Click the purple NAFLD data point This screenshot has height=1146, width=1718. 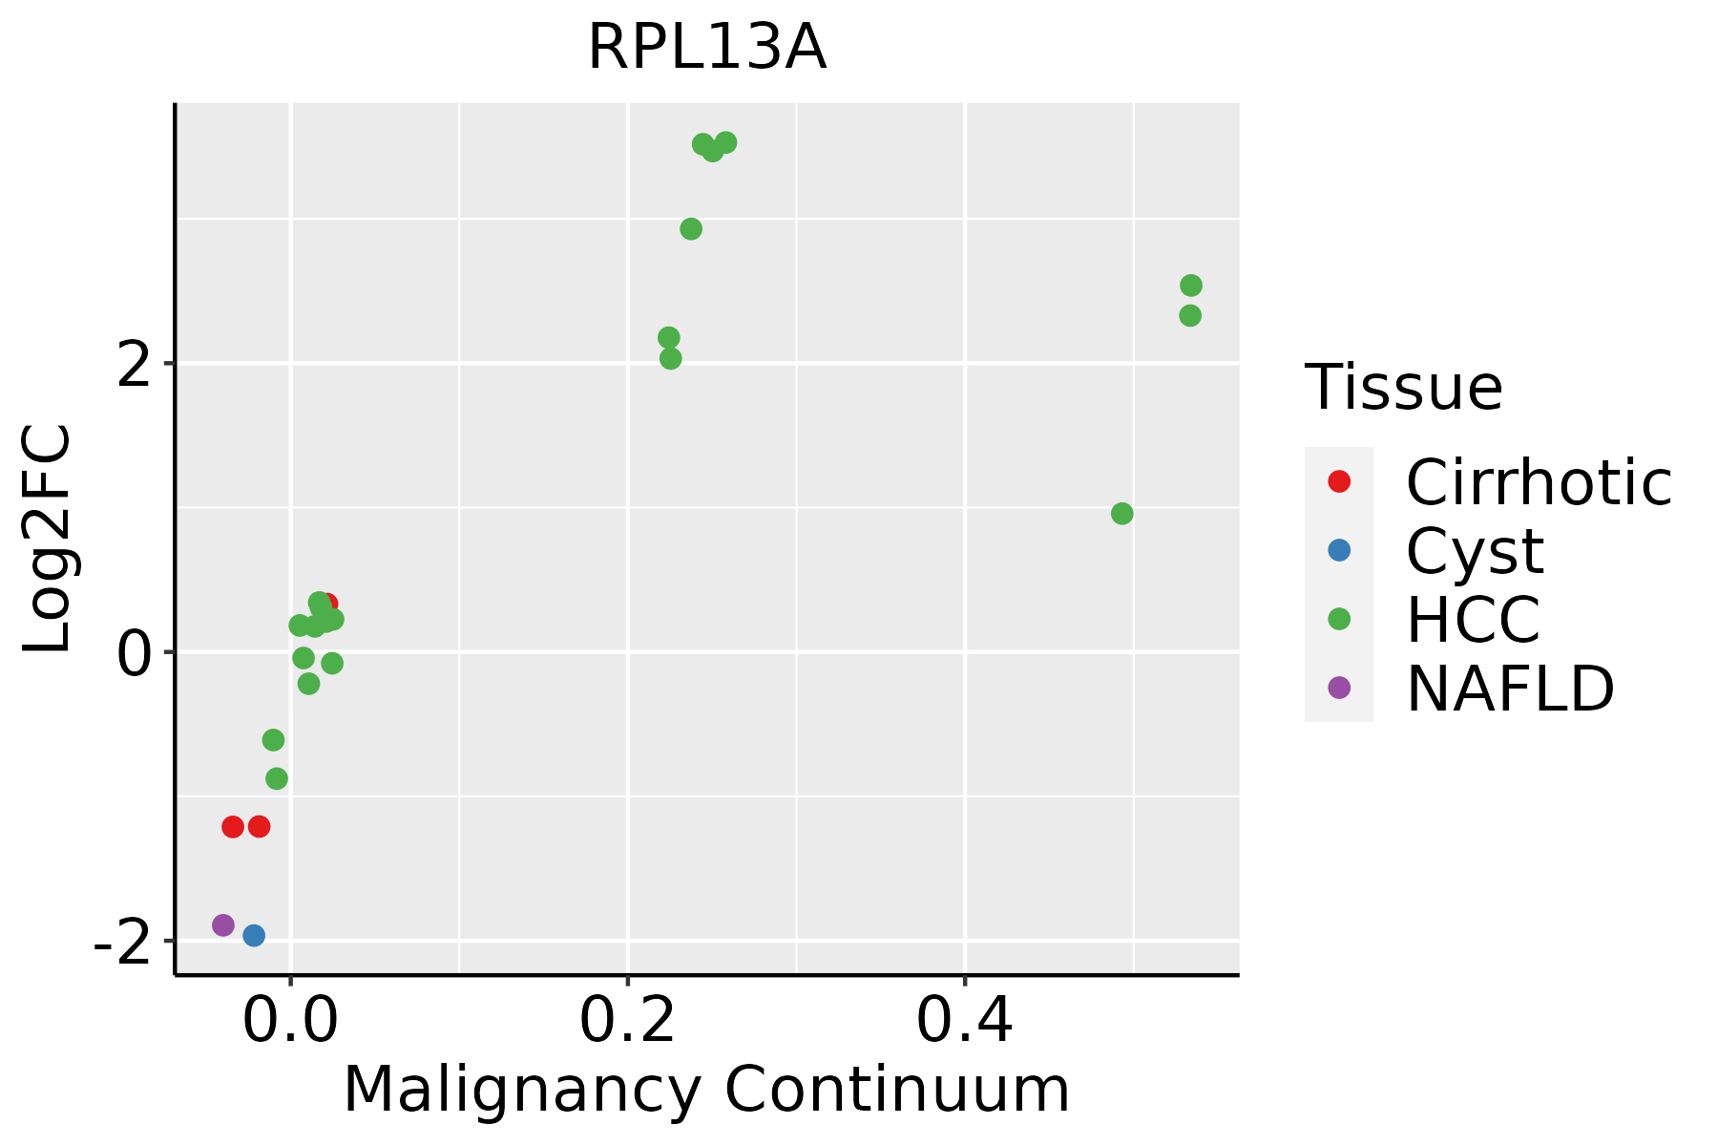[223, 924]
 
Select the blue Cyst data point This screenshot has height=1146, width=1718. [254, 935]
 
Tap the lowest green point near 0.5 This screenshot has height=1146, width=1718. [1122, 514]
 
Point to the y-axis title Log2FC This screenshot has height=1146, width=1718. [48, 539]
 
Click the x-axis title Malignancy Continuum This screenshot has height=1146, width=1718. [706, 1090]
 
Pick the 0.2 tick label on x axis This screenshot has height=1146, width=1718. [627, 1022]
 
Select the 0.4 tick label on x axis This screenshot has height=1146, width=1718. [964, 1022]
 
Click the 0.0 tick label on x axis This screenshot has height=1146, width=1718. [290, 1022]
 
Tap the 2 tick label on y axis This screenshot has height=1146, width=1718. [136, 365]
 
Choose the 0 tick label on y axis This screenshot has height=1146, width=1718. [136, 654]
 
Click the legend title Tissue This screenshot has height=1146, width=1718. [1403, 388]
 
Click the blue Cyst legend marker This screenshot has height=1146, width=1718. [1339, 550]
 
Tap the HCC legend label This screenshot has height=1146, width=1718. [1473, 620]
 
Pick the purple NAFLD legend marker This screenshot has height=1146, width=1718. [1339, 688]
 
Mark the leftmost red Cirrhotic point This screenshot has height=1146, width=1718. [233, 826]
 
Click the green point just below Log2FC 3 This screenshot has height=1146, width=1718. [691, 229]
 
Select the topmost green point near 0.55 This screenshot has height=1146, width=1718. [1191, 286]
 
